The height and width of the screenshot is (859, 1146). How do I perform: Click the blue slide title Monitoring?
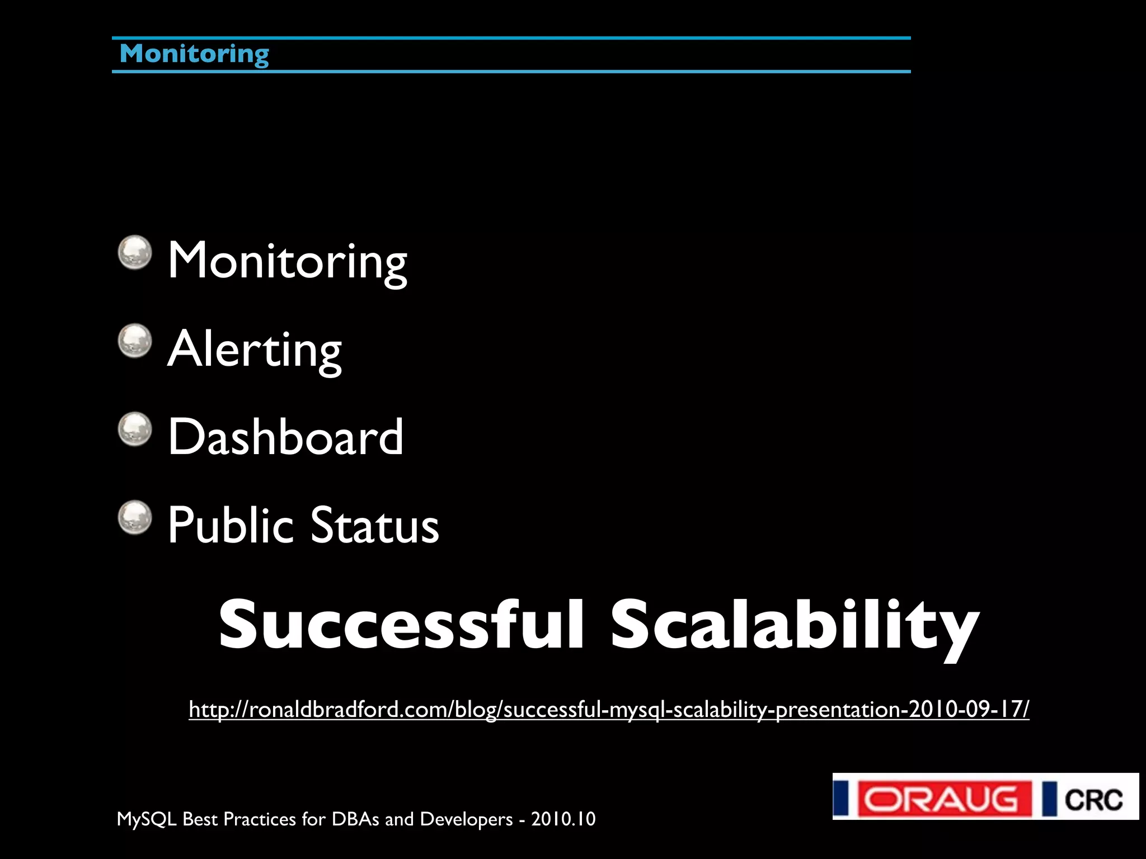[x=194, y=54]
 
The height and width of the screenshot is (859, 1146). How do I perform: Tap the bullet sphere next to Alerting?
[x=135, y=341]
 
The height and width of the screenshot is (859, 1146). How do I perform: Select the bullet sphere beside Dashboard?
[x=135, y=429]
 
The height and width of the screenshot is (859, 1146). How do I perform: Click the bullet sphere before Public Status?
[x=135, y=517]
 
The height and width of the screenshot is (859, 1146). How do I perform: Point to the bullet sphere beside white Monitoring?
[x=135, y=252]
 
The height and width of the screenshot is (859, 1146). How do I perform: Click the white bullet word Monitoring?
[x=287, y=261]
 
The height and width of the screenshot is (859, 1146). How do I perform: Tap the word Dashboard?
[x=285, y=437]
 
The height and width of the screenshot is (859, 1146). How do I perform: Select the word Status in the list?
[x=374, y=526]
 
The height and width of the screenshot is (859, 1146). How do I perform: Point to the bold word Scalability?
[x=795, y=625]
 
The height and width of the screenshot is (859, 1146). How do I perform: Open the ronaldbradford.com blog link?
[x=609, y=709]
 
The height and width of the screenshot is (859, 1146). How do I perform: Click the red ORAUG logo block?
[x=945, y=799]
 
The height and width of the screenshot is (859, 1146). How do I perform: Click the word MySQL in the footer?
[x=147, y=819]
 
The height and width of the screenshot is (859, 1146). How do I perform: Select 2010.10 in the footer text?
[x=563, y=819]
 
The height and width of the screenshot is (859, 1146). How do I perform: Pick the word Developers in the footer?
[x=466, y=819]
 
